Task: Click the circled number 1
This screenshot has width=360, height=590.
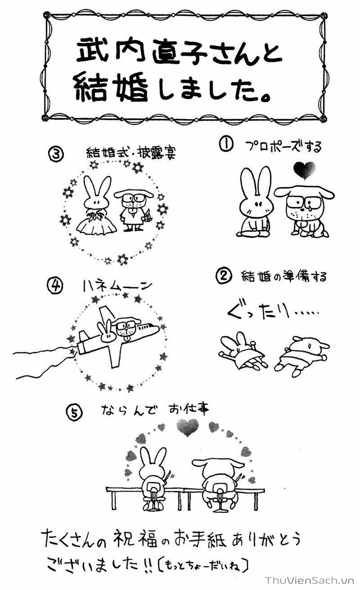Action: [x=226, y=145]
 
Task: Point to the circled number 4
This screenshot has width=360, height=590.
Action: [x=55, y=286]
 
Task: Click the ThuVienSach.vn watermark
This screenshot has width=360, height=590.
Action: [x=310, y=580]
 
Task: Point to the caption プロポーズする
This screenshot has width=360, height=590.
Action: [x=283, y=147]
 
